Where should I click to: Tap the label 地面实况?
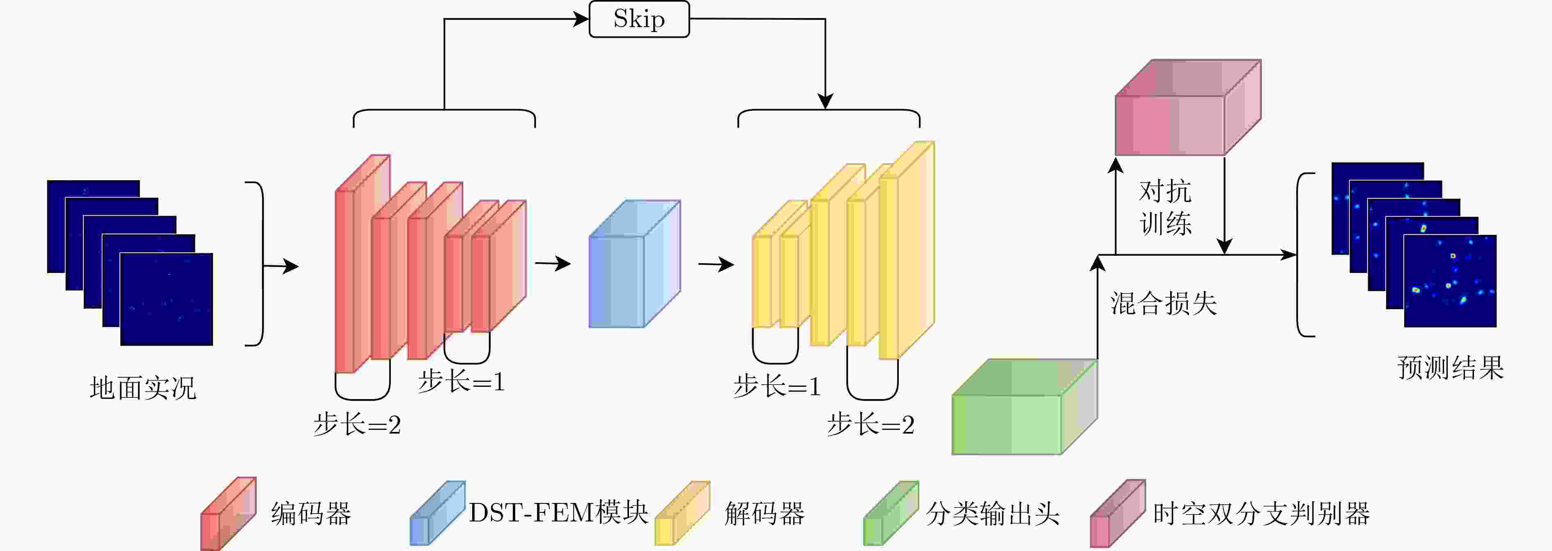coord(143,388)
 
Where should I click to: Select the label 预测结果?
coord(1450,367)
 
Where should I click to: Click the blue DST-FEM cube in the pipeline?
coord(634,264)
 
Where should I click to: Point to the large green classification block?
coord(1024,407)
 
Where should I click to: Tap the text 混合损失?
coord(1164,303)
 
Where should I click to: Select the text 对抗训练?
coord(1165,208)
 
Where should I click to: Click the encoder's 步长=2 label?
coord(357,425)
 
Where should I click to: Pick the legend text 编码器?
coord(311,514)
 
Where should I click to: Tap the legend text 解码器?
coord(765,514)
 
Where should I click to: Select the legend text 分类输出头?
coord(992,514)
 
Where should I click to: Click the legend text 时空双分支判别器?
coord(1261,514)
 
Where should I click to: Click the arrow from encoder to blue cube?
coord(553,263)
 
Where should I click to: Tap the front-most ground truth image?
coord(167,299)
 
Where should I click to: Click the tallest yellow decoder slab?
coord(907,250)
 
